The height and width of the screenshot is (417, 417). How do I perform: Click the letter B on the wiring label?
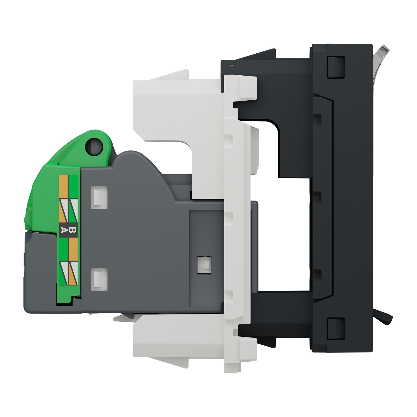(x=73, y=230)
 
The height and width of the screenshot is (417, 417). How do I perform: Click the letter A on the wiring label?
(x=64, y=230)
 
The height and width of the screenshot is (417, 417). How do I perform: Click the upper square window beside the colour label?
(x=99, y=196)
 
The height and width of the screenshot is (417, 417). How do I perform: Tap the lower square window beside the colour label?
(x=99, y=277)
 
